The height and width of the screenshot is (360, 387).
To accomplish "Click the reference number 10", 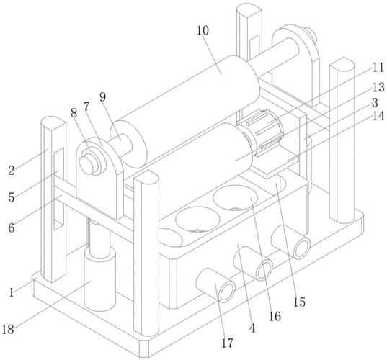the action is [x=203, y=30].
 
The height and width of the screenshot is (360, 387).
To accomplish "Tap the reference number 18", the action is [x=8, y=329].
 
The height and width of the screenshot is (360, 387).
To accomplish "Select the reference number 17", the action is [x=227, y=343].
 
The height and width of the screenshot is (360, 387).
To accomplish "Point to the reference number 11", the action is [x=378, y=68].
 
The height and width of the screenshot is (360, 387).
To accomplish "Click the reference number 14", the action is [x=378, y=116].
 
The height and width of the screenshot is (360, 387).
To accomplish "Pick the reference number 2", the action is [x=12, y=171].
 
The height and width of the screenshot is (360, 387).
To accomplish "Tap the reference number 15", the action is [x=299, y=302].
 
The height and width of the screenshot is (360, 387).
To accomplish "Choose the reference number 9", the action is [x=102, y=97].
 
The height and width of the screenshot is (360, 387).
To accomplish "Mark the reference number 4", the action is [x=252, y=328].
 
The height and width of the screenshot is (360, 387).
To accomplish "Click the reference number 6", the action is [x=12, y=228].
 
